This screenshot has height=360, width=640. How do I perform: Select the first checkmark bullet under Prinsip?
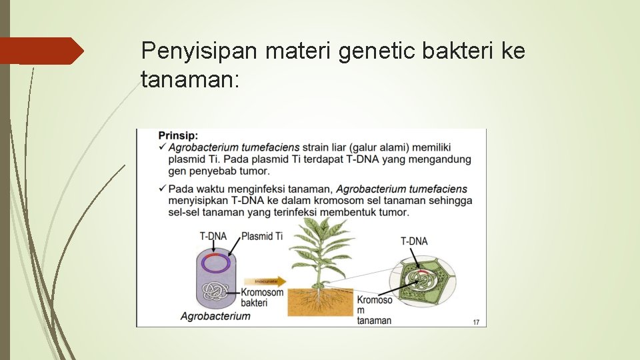pos(163,147)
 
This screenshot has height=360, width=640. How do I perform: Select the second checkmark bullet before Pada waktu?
pos(163,189)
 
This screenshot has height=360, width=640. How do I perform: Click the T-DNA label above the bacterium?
pos(213,236)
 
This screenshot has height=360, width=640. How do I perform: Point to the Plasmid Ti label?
pos(261,236)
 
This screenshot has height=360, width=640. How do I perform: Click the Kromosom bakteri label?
pos(261,297)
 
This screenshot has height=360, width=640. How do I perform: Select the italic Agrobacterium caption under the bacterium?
pos(215,316)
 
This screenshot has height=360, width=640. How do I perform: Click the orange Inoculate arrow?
pos(265,281)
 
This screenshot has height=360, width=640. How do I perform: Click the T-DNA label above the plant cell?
pos(414,241)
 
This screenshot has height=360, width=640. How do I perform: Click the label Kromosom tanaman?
pos(375,310)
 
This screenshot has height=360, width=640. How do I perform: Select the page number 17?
pos(476,322)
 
